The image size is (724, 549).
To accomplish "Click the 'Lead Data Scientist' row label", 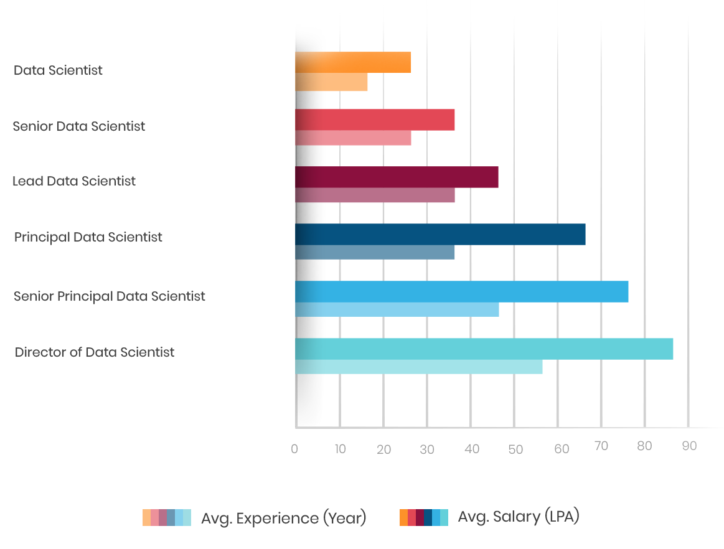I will tap(74, 181).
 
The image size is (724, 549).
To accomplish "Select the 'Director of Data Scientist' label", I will tap(95, 352).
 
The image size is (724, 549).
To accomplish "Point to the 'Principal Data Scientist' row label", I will tap(88, 237).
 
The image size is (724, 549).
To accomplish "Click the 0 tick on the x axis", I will tap(294, 448).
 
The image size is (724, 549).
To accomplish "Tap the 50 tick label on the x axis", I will tap(515, 449).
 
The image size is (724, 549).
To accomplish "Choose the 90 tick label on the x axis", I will tap(689, 446).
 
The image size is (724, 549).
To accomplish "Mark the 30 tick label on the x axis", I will tap(427, 449).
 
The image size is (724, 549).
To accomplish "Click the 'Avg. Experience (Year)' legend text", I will tap(283, 518).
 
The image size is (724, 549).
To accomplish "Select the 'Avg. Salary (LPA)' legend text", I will tap(519, 517).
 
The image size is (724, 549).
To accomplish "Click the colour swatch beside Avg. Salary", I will tap(424, 517).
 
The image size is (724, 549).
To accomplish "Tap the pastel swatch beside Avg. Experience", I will tap(167, 518).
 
